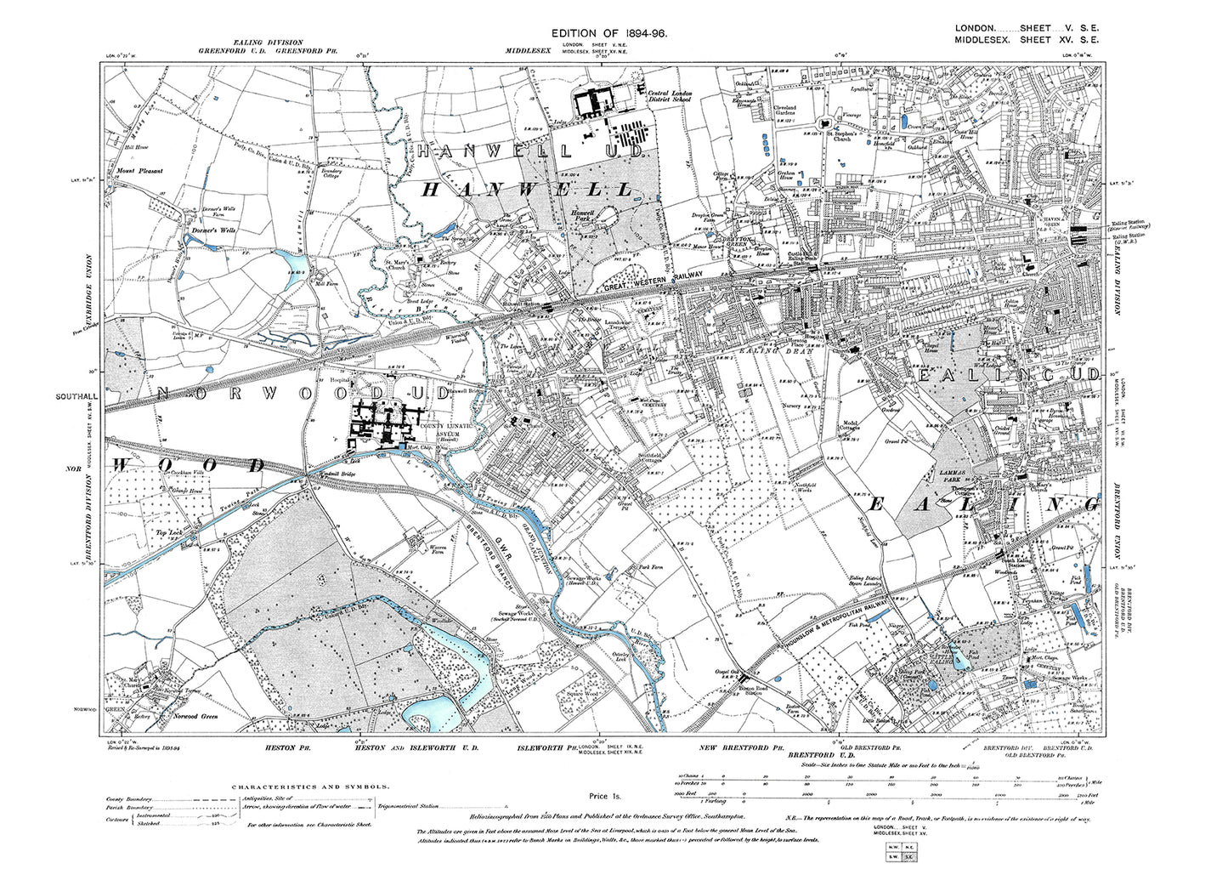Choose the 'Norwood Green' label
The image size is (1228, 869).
(x=197, y=717)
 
